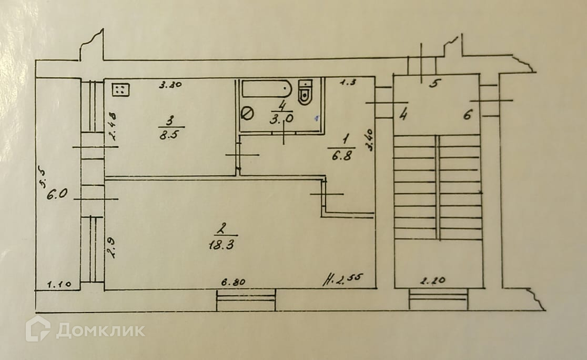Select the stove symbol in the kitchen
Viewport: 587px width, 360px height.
[120, 89]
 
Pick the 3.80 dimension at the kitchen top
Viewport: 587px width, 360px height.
[170, 84]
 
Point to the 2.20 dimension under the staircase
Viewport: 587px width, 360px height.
[431, 281]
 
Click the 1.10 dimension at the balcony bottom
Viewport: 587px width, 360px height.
[58, 285]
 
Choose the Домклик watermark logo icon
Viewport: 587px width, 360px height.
[38, 329]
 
